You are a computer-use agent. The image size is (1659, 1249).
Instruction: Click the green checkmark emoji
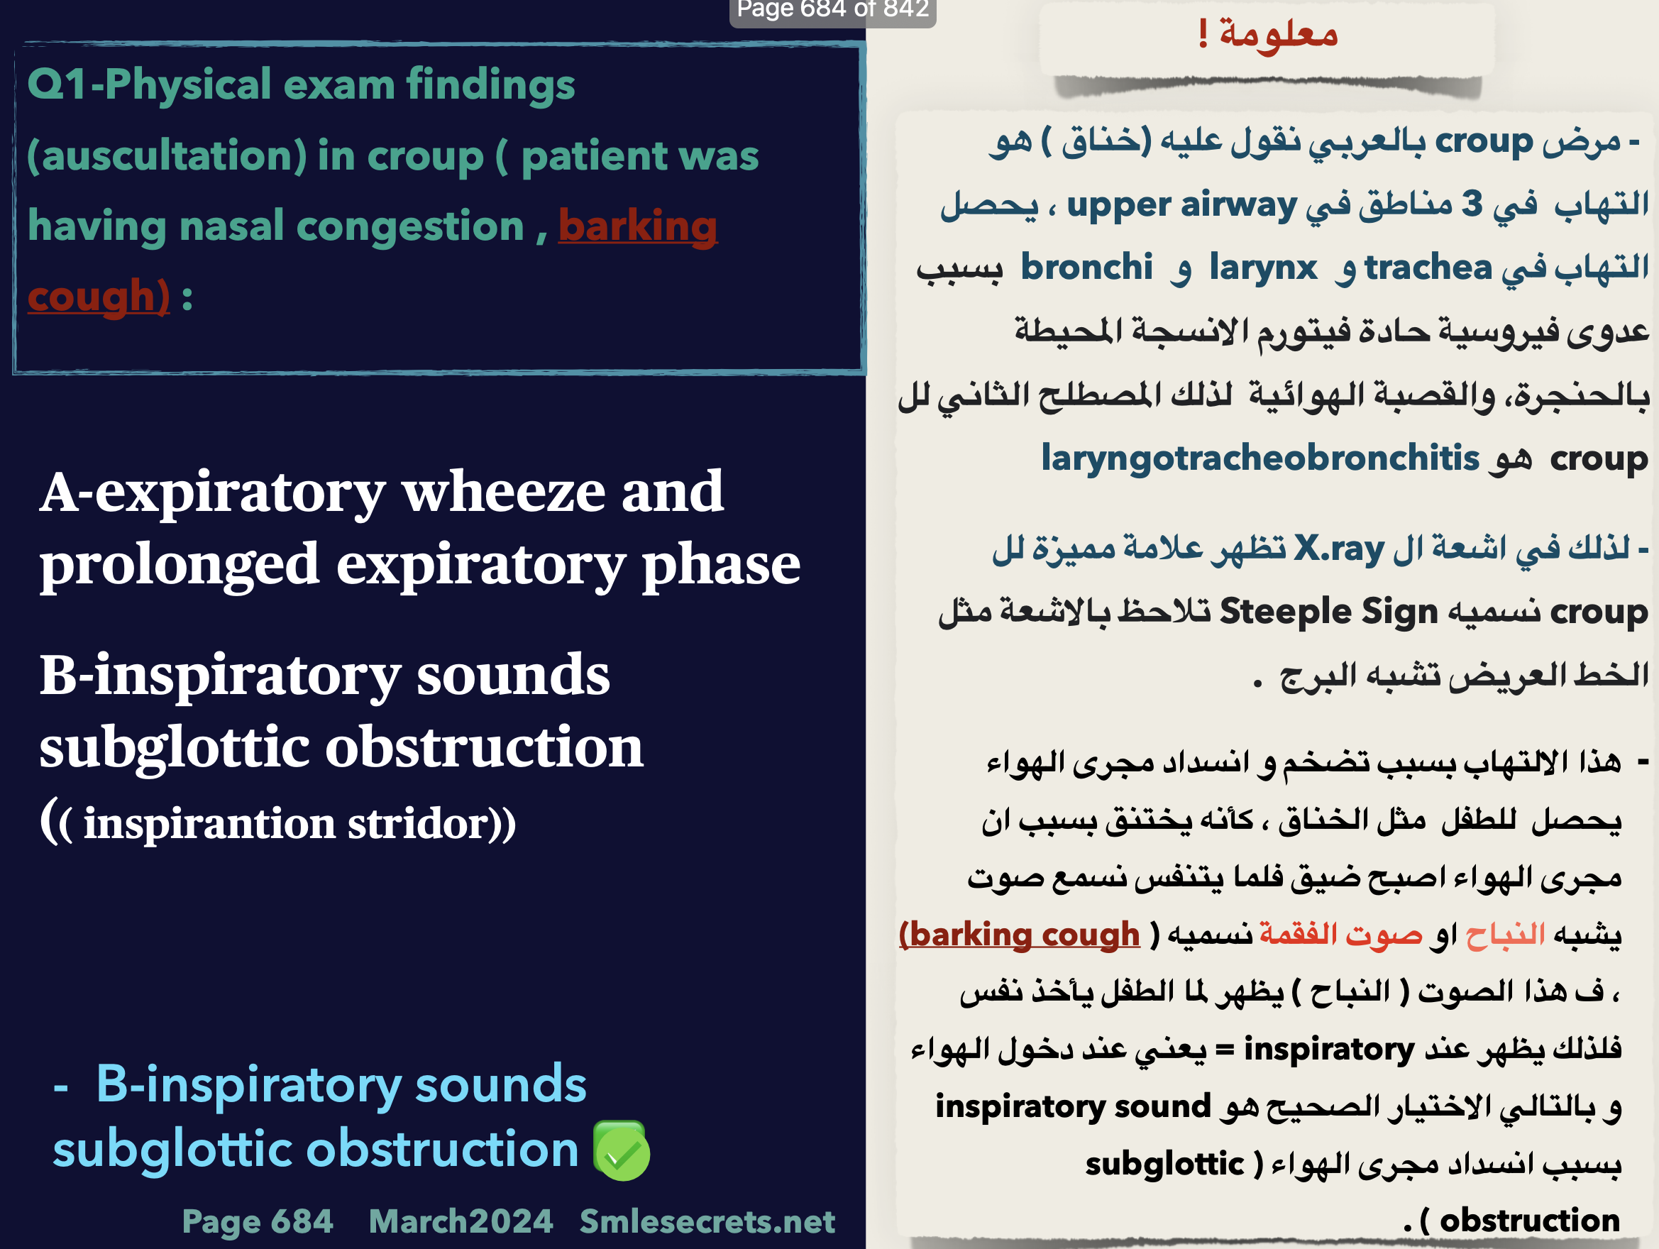pyautogui.click(x=621, y=1151)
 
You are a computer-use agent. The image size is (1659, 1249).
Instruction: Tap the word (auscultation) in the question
pyautogui.click(x=167, y=155)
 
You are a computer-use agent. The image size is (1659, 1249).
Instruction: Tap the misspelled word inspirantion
pyautogui.click(x=209, y=825)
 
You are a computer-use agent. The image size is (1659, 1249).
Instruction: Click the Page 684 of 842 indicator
pyautogui.click(x=832, y=10)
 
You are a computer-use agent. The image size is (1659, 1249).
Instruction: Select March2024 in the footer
pyautogui.click(x=461, y=1221)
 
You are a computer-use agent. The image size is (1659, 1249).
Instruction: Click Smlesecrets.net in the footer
pyautogui.click(x=707, y=1221)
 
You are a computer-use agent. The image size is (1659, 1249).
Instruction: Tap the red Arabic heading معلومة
pyautogui.click(x=1279, y=33)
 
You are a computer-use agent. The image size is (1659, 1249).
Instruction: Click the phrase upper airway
pyautogui.click(x=1182, y=205)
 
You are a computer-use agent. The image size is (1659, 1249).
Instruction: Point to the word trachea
pyautogui.click(x=1428, y=267)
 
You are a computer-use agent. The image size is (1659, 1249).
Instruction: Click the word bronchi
pyautogui.click(x=1087, y=267)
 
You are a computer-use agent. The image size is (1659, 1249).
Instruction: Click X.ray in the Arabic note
pyautogui.click(x=1340, y=549)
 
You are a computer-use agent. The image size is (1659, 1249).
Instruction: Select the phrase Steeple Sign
pyautogui.click(x=1329, y=612)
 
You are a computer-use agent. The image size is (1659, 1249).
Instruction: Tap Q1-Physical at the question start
pyautogui.click(x=149, y=84)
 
